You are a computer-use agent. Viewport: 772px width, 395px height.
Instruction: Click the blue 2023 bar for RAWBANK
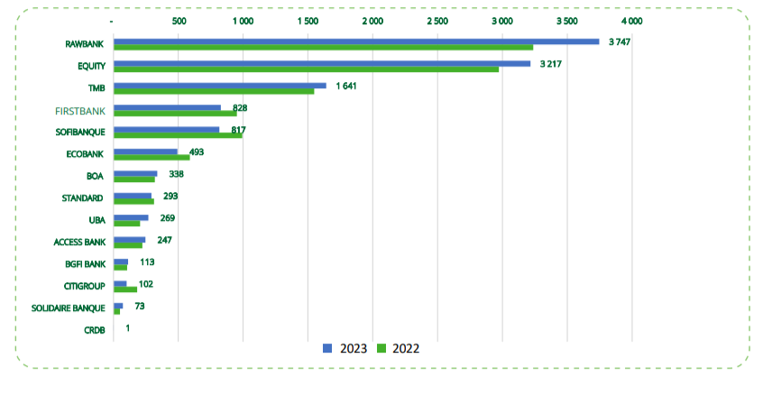tap(355, 41)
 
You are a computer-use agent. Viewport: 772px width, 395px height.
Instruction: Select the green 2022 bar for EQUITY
tap(306, 69)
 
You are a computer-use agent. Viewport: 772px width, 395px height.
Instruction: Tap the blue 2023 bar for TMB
tap(219, 85)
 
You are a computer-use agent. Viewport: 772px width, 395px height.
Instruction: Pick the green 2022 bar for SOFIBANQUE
tap(178, 135)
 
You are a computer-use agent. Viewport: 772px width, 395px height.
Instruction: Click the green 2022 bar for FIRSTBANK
tap(175, 114)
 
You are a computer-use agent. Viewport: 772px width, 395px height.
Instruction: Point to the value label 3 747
tap(619, 42)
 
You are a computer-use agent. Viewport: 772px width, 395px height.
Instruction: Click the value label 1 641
tap(347, 86)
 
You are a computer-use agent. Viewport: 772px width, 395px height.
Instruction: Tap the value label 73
tap(140, 306)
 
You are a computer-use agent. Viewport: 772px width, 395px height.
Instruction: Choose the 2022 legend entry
tap(398, 348)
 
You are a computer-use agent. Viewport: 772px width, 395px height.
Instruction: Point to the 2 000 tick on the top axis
tap(372, 20)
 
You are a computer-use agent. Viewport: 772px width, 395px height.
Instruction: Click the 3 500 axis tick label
tap(566, 20)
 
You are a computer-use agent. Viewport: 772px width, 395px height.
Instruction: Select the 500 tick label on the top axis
tap(178, 20)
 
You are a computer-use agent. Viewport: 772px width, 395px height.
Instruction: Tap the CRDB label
tap(94, 331)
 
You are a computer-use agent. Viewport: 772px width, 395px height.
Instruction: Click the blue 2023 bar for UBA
tap(131, 217)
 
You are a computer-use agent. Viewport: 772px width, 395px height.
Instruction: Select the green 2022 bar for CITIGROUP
tap(125, 289)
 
